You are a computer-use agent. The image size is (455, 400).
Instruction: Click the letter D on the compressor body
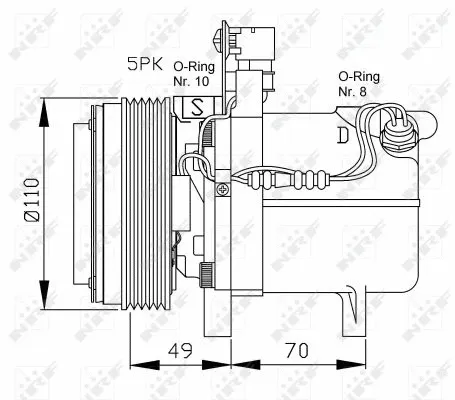pyautogui.click(x=343, y=134)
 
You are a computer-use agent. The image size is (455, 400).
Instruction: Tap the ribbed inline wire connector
pyautogui.click(x=275, y=181)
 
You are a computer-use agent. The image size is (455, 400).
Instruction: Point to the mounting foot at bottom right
pyautogui.click(x=353, y=306)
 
